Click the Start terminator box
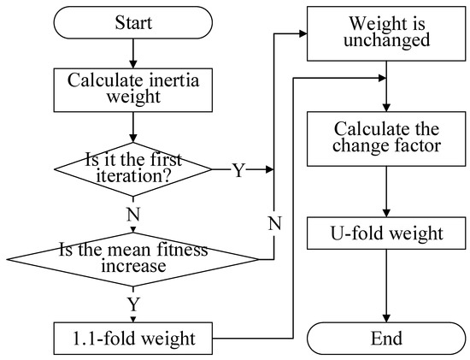pos(132,24)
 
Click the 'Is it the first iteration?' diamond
pos(132,169)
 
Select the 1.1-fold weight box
pos(132,339)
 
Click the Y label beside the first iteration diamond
pos(240,170)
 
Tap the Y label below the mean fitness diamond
pos(132,304)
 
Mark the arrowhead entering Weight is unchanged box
pos(303,34)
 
